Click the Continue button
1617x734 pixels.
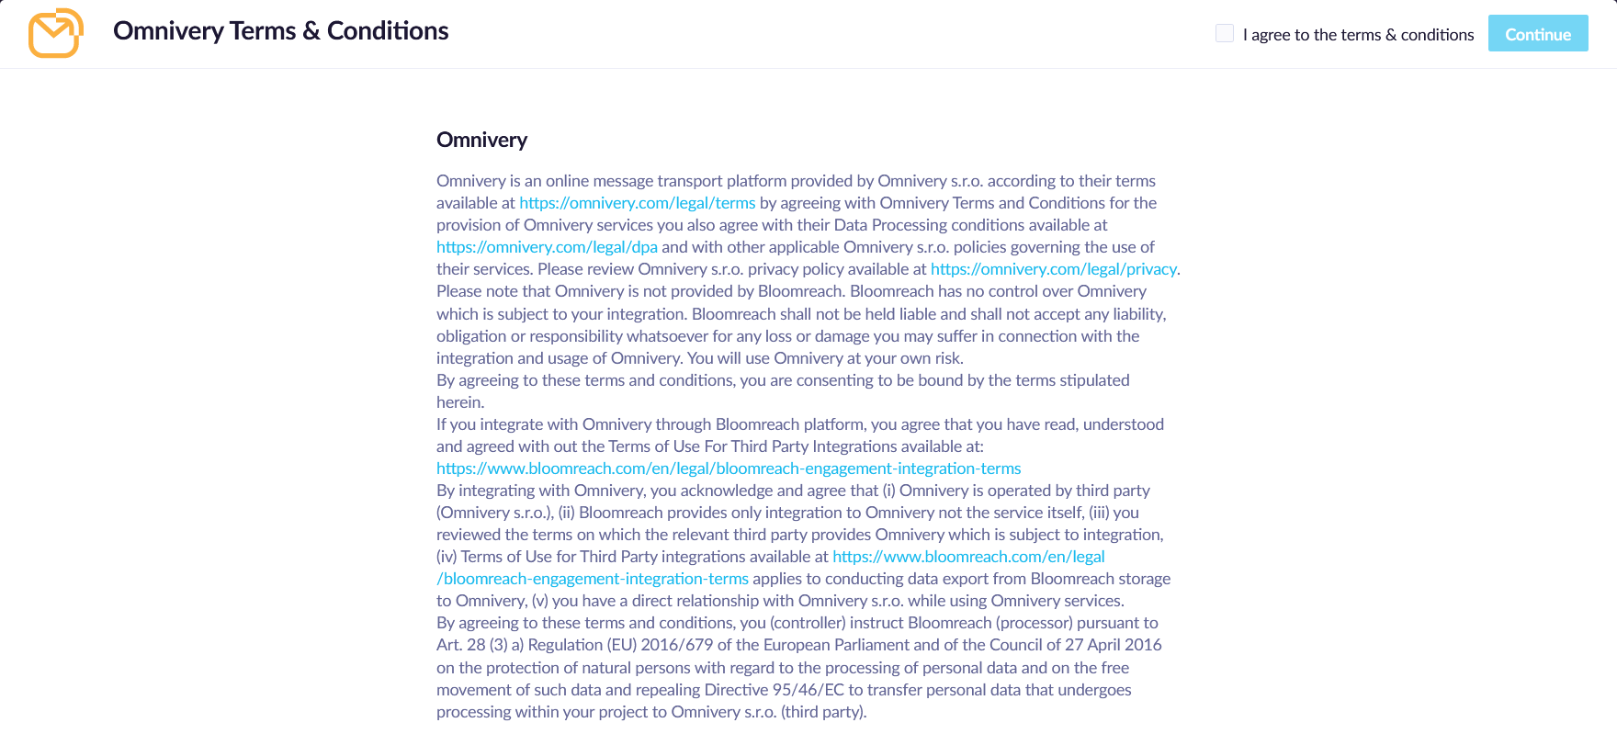[x=1537, y=34]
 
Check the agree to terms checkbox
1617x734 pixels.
[x=1224, y=34]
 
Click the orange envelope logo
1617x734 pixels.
[x=55, y=33]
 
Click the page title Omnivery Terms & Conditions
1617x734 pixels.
[x=280, y=31]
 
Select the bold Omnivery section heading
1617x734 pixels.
[x=481, y=140]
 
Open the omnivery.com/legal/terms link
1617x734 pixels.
[x=637, y=203]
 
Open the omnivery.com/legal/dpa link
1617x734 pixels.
[x=547, y=247]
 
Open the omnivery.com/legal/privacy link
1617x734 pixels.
[x=1053, y=269]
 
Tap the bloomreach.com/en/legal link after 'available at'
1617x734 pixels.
[x=968, y=557]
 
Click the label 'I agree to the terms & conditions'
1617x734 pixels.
[x=1358, y=35]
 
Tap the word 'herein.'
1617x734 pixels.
[x=460, y=402]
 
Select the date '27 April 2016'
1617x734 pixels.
[x=1113, y=645]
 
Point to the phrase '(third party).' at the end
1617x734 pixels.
[x=823, y=712]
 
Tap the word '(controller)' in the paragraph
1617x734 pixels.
[x=808, y=623]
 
